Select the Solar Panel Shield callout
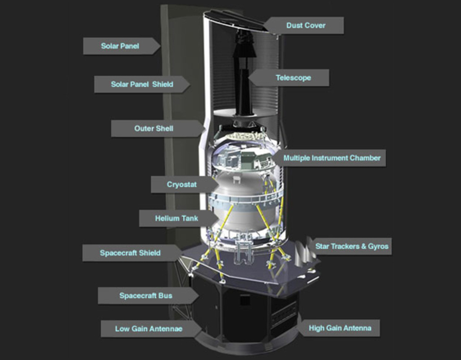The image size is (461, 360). (142, 84)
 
